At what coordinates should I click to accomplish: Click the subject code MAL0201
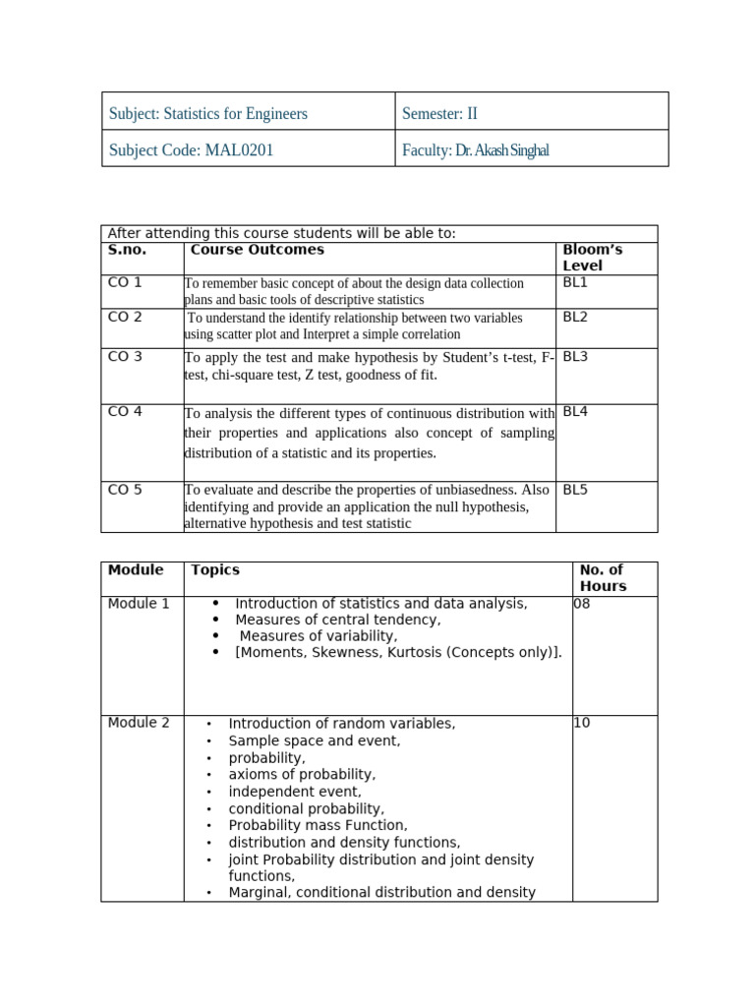click(x=239, y=149)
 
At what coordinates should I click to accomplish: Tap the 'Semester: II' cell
click(x=439, y=113)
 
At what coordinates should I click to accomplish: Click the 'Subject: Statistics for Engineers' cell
click(x=207, y=113)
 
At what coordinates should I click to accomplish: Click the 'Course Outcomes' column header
click(x=257, y=250)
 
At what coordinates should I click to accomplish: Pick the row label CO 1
click(x=125, y=283)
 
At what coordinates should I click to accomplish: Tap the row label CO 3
click(x=125, y=357)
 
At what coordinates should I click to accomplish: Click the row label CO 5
click(x=125, y=490)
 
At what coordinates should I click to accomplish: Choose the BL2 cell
click(x=575, y=318)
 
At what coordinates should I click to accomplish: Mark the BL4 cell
click(x=575, y=412)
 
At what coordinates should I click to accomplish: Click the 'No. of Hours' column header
click(x=603, y=578)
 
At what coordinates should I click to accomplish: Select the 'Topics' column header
click(x=214, y=570)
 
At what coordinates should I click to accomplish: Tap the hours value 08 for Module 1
click(x=582, y=604)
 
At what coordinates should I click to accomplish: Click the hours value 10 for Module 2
click(x=582, y=724)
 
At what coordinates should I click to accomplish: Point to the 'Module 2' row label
click(x=139, y=724)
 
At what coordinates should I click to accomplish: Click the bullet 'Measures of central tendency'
click(x=337, y=621)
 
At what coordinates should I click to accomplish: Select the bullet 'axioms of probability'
click(x=302, y=775)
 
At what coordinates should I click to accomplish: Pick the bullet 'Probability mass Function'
click(x=318, y=826)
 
